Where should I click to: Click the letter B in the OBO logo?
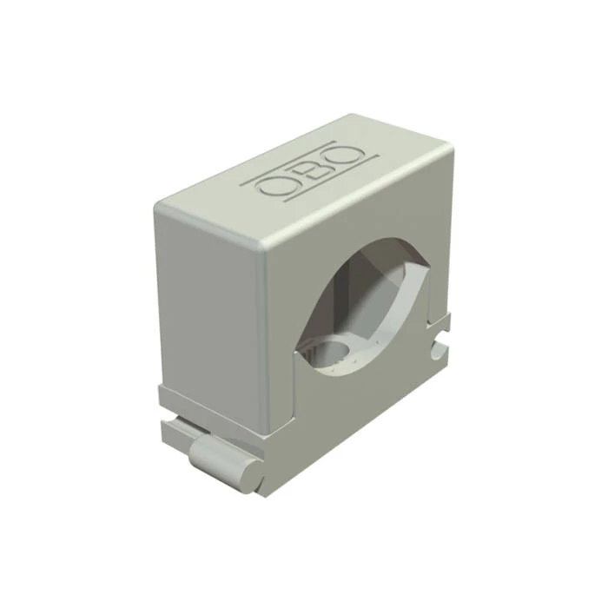(313, 172)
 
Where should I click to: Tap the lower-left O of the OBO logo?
(275, 188)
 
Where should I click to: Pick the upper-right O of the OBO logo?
(347, 156)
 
